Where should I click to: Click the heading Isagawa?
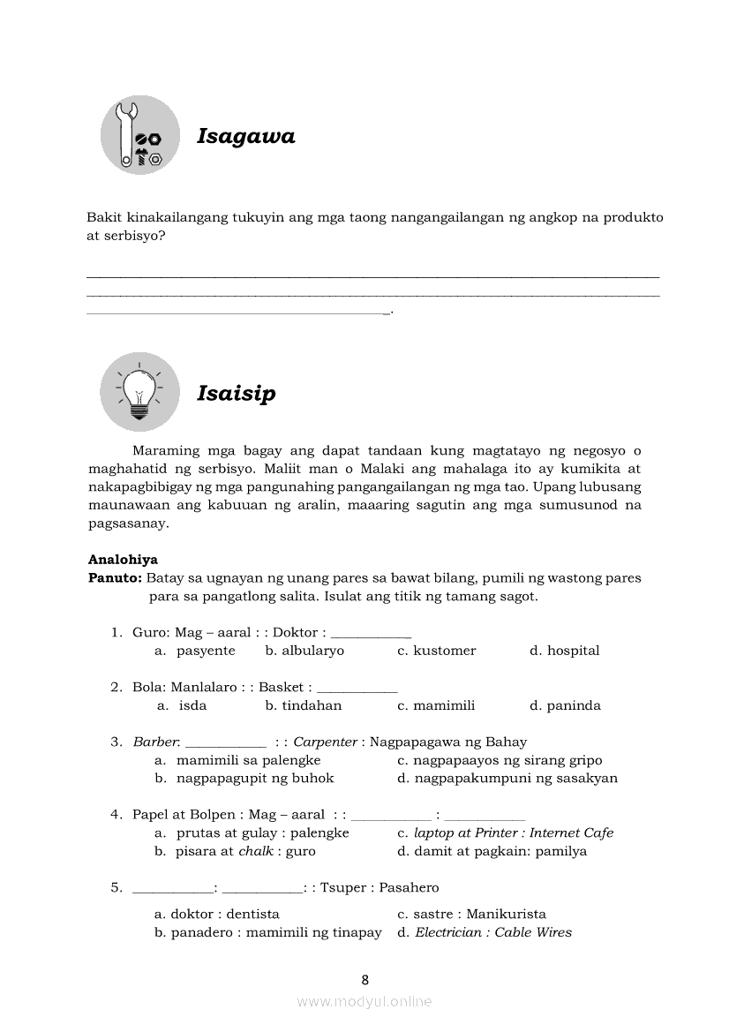click(x=245, y=137)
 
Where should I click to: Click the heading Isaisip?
click(x=236, y=394)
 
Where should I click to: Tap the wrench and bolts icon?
click(x=140, y=135)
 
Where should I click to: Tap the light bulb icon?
click(x=139, y=392)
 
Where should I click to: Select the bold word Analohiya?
click(x=123, y=560)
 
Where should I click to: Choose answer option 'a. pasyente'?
click(x=195, y=651)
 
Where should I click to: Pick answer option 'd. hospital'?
click(x=564, y=651)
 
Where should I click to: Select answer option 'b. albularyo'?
click(x=304, y=651)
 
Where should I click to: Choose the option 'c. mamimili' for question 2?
click(x=436, y=705)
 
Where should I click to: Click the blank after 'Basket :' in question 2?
click(x=357, y=688)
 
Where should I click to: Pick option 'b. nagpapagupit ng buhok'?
click(x=244, y=779)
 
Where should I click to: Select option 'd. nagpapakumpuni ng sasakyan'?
click(x=507, y=779)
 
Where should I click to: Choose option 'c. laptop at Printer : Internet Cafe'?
click(x=505, y=833)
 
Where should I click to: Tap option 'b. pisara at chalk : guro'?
click(x=235, y=852)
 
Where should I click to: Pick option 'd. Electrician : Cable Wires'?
click(x=485, y=933)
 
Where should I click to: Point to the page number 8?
click(x=364, y=980)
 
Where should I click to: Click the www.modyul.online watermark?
click(x=364, y=1002)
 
